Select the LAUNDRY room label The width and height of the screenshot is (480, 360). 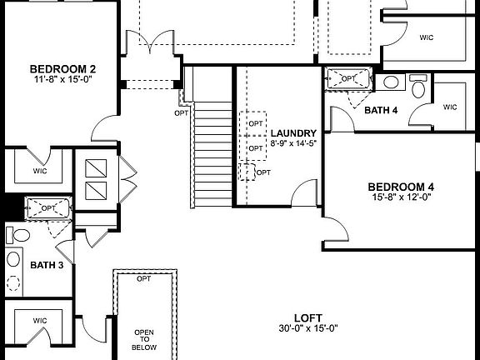(293, 132)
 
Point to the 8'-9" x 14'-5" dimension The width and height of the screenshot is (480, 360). (293, 143)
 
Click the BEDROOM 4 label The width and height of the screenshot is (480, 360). (400, 187)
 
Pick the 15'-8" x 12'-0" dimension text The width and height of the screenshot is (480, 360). (400, 198)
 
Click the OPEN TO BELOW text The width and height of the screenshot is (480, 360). (144, 340)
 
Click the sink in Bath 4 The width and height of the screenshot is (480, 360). (391, 82)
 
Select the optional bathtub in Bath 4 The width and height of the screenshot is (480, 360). (349, 77)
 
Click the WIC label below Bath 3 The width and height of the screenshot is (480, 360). (40, 320)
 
